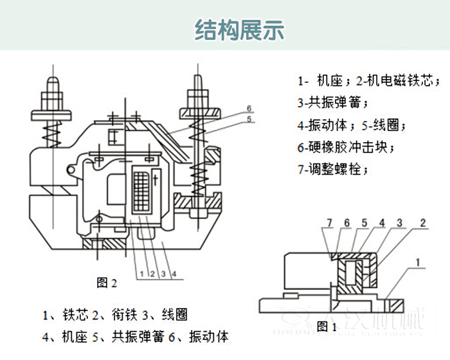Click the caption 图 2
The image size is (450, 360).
(x=107, y=282)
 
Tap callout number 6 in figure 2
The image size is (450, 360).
(x=248, y=107)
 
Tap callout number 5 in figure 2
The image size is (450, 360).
(x=248, y=118)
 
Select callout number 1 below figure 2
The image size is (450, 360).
(x=140, y=273)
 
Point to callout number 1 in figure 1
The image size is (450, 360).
(x=419, y=262)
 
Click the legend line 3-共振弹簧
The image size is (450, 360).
(x=332, y=102)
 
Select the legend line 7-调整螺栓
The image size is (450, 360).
(x=333, y=170)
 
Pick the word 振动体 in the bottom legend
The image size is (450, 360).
(x=210, y=336)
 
